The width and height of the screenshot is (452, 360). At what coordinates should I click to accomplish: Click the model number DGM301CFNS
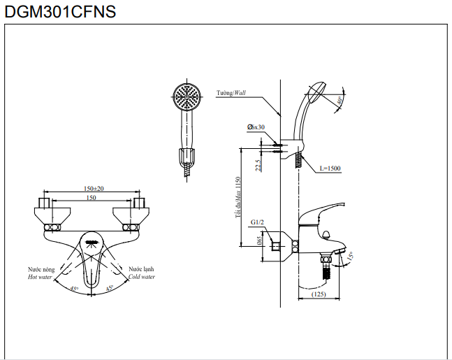coord(59,12)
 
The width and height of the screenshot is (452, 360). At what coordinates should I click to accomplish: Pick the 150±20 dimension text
coord(94,189)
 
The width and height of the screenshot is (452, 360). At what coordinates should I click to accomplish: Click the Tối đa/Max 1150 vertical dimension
coord(238,197)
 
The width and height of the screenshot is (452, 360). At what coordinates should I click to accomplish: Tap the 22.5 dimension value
coord(258,165)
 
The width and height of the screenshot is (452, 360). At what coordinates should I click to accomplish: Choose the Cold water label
coord(142,277)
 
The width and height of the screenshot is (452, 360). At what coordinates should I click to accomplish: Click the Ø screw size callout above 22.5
coord(256,127)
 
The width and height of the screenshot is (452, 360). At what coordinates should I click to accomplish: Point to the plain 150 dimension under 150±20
coord(92,198)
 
